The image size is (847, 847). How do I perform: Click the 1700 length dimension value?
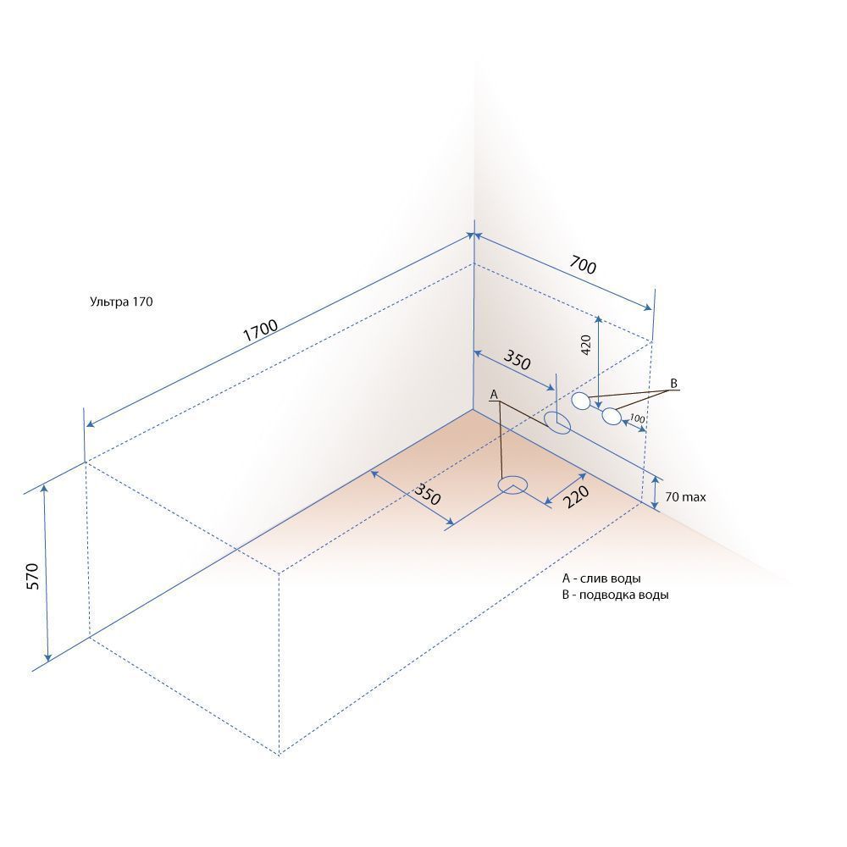coord(260,330)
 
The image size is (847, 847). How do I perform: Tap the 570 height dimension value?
coord(32,576)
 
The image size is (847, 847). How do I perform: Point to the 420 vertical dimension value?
coord(586,345)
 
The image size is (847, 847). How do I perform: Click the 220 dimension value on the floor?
coord(576,497)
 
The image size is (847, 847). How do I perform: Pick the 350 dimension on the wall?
coord(517,360)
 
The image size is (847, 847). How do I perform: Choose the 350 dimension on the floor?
coord(427,494)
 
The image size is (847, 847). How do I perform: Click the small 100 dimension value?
coord(637,418)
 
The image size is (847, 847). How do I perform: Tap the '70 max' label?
coord(685,497)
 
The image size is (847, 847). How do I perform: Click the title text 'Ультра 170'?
coord(121,302)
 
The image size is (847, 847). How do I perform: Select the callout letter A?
coord(493,395)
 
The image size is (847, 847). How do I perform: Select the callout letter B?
coord(673,384)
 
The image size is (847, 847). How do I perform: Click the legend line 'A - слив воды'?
coord(601,579)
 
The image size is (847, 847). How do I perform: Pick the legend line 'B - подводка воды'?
coord(615,595)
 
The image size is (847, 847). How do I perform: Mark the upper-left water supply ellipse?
coord(581,401)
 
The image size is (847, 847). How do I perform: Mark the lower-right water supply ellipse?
coord(612,417)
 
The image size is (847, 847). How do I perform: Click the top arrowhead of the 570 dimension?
coord(44,488)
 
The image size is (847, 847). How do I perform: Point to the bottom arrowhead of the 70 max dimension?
coord(655,505)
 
